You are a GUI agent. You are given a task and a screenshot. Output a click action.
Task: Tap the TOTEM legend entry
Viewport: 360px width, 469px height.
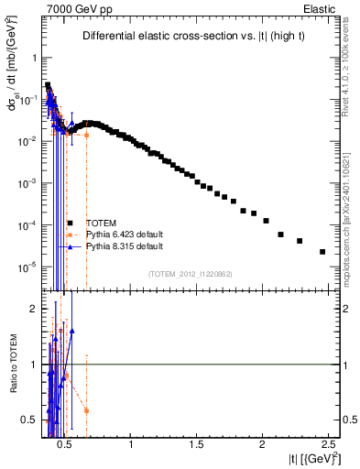coord(101,223)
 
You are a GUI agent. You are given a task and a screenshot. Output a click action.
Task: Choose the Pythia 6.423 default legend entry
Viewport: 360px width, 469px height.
coord(124,234)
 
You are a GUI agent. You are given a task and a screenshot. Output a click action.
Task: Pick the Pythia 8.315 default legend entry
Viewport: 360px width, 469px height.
coord(124,246)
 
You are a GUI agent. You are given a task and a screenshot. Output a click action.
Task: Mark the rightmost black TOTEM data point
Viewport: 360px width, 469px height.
coord(322,252)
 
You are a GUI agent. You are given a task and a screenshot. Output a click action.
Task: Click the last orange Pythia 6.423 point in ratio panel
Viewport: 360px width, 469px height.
coord(86,410)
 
